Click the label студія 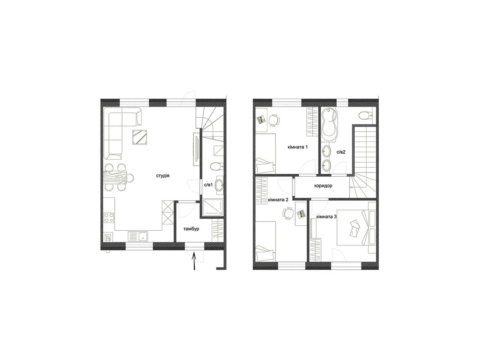(x=163, y=175)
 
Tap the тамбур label (x=191, y=229)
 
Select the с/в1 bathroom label (x=208, y=185)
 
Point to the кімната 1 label (x=297, y=147)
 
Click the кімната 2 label (x=278, y=200)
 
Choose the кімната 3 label (x=326, y=216)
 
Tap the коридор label (x=323, y=186)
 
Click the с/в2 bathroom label (x=341, y=152)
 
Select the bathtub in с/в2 (x=330, y=125)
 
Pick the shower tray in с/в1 (x=213, y=208)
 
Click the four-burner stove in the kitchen (x=109, y=217)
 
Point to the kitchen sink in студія (x=138, y=236)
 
